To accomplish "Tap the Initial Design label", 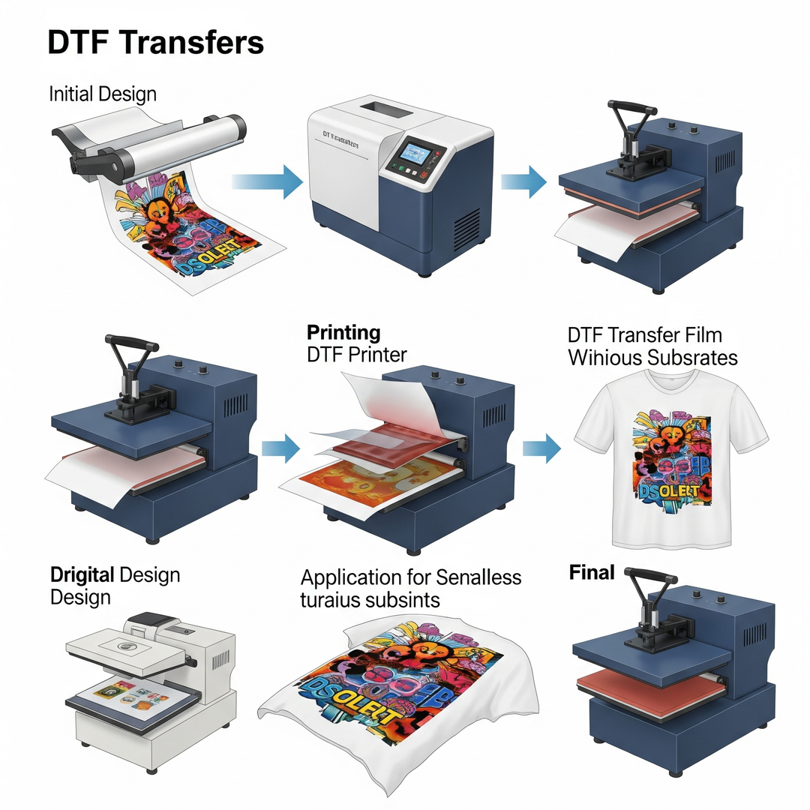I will (x=103, y=94).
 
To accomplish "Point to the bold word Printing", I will (x=343, y=332).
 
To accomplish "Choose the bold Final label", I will (x=592, y=573).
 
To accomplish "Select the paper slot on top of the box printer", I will (x=387, y=113).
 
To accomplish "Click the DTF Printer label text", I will (x=358, y=355).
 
